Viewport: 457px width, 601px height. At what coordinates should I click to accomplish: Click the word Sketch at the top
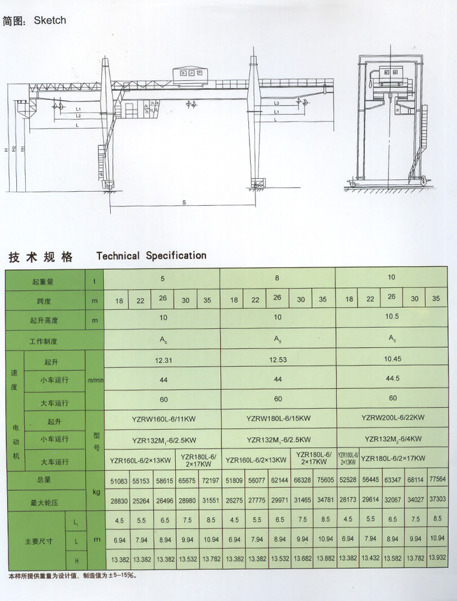50,21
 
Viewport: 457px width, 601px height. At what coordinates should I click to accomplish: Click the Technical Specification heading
151,256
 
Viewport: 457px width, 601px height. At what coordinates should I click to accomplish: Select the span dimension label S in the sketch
184,202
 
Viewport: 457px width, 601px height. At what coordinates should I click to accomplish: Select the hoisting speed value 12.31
163,360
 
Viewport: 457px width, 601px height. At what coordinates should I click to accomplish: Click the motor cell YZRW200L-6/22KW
393,417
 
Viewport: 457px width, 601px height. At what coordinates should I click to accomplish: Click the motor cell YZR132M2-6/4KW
393,439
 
